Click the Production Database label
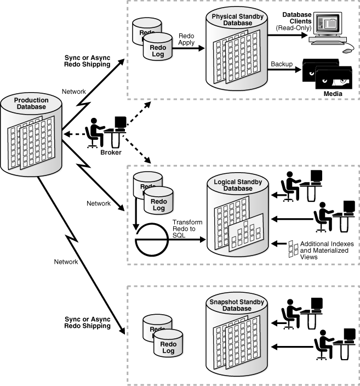31,104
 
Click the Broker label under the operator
111,152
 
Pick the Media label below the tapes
333,94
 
